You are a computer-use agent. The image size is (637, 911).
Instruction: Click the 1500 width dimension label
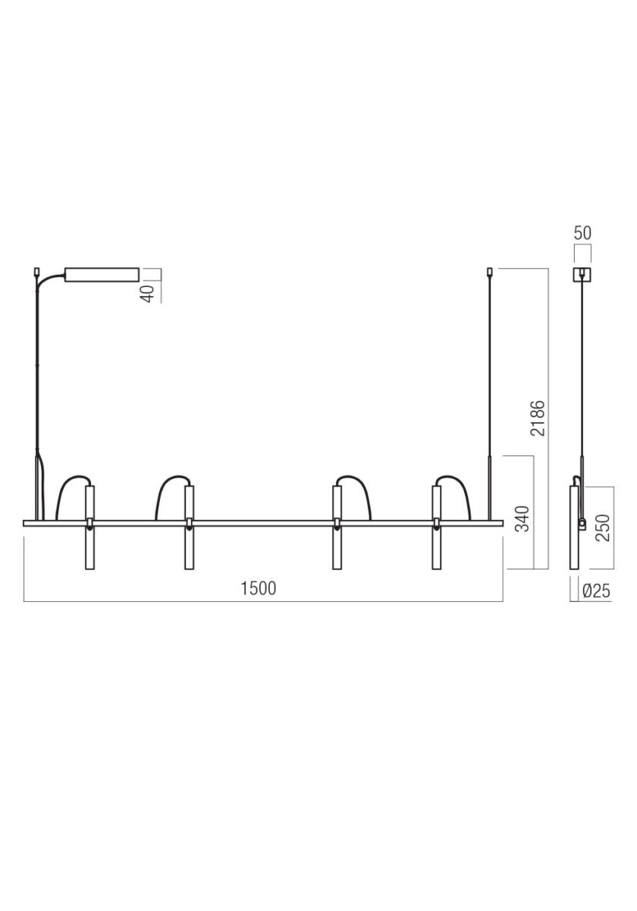click(259, 588)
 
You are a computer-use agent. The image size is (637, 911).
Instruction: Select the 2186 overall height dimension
click(538, 418)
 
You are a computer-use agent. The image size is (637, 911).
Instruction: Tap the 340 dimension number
click(522, 519)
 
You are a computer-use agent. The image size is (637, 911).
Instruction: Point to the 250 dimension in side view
click(603, 528)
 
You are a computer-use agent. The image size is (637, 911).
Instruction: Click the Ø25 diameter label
click(596, 591)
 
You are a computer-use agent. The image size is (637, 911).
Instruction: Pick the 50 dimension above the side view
click(582, 233)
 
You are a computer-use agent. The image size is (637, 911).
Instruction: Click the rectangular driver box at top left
click(102, 275)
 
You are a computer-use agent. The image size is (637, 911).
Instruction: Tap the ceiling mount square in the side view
click(582, 275)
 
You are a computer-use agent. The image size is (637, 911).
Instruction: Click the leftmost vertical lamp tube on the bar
click(89, 527)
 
